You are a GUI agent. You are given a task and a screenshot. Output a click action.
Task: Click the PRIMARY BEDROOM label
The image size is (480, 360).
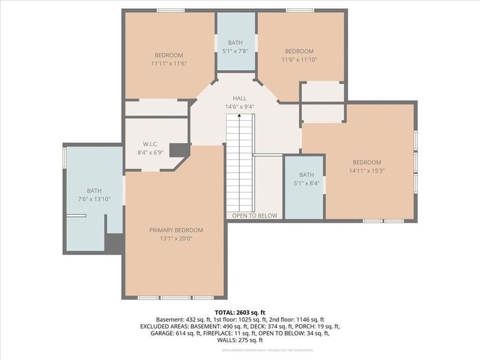176,230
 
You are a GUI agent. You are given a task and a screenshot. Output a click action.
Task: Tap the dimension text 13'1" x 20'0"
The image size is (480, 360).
176,239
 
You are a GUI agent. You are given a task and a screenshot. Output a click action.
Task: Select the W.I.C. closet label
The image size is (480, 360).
148,144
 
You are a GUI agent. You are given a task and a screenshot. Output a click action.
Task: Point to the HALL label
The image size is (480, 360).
239,99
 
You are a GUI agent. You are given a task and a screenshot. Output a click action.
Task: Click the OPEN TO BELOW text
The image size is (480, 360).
254,215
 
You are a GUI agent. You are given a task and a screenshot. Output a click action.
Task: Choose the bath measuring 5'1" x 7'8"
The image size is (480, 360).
235,43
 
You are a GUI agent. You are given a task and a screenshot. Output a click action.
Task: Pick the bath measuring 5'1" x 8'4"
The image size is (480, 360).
306,175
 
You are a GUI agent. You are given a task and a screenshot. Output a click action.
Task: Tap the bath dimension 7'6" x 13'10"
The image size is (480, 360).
94,199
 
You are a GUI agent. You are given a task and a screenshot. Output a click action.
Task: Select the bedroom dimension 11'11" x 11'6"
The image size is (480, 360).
169,63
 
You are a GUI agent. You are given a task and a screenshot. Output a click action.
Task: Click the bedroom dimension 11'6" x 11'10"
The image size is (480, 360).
299,60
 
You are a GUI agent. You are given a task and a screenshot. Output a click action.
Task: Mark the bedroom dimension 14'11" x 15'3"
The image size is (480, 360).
366,171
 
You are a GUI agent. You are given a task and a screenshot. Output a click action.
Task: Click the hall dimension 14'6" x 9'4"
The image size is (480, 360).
239,107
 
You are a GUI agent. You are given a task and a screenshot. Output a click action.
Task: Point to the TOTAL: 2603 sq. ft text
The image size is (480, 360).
240,313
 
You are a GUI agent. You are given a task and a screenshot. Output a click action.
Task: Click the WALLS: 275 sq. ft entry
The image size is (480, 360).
240,340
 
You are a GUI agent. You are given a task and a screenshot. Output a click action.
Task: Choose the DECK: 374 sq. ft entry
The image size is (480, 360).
278,326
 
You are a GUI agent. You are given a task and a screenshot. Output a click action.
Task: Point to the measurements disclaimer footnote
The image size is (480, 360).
268,350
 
